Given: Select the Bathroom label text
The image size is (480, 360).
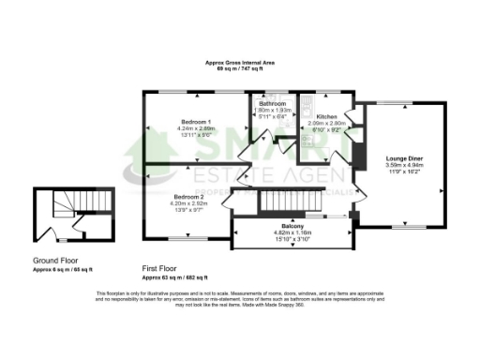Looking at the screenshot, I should (x=273, y=103).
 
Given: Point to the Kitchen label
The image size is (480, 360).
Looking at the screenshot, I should (x=327, y=117).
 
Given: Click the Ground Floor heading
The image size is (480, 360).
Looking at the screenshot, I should (x=54, y=260).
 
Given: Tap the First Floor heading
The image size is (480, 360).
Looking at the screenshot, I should (x=163, y=267).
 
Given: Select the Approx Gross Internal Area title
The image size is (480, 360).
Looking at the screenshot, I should (x=239, y=63).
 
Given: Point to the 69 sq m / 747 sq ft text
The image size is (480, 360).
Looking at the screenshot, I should (x=239, y=69).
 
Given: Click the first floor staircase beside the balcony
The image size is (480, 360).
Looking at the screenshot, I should (x=290, y=200).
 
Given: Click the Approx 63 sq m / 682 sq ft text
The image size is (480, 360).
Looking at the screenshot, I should (x=176, y=278).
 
